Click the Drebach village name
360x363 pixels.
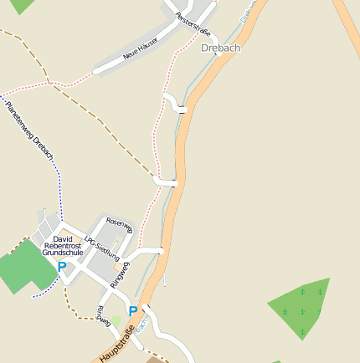pos(221,48)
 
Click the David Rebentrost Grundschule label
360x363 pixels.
pos(63,245)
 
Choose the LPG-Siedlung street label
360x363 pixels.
pos(103,243)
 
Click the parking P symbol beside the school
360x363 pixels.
pos(61,267)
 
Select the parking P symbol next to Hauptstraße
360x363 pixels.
pos(132,311)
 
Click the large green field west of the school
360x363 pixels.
pos(24,266)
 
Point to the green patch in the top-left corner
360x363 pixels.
pos(21,5)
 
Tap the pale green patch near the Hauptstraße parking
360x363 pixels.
pos(116,320)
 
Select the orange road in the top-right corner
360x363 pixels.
pos(347,25)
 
